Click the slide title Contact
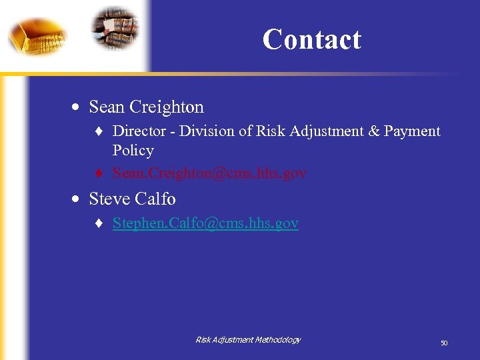[311, 39]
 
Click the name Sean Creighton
[146, 107]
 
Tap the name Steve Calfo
[132, 199]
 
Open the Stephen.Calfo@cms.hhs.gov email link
[205, 223]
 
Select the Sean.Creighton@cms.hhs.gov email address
[209, 173]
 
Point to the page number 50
[443, 343]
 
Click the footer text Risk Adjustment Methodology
[248, 340]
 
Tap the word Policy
[133, 151]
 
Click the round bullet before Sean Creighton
[78, 107]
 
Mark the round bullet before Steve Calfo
[78, 199]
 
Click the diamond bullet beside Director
[100, 132]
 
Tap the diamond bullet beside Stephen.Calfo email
[100, 224]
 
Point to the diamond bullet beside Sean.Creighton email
[100, 174]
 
